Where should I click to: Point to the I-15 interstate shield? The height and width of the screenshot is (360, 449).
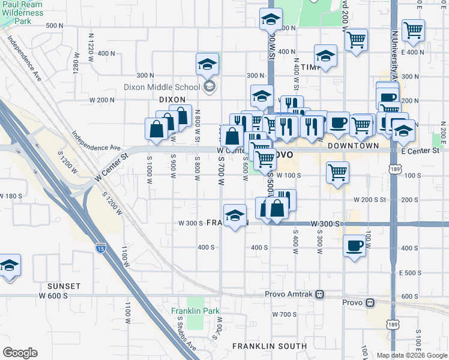coord(100,247)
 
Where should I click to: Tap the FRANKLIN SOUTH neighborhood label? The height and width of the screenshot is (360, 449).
coord(270,346)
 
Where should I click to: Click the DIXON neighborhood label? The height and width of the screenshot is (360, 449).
coord(172,100)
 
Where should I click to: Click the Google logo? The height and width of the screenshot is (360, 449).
coord(19,353)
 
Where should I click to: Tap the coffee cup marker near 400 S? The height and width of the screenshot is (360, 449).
coord(354,245)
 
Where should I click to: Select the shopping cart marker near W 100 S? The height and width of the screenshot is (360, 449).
coord(338,172)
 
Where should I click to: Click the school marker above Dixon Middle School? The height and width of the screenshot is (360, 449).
coord(207,64)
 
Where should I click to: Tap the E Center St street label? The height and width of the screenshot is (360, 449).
coord(420,151)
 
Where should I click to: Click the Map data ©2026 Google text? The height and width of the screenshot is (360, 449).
coord(412,355)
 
